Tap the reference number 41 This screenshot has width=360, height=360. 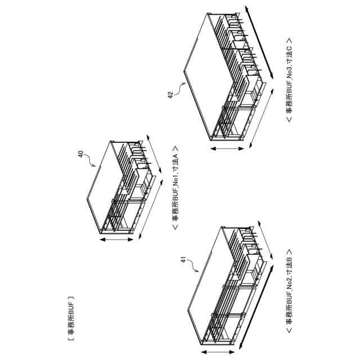click(x=183, y=260)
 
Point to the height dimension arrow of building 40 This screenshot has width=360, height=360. click(x=116, y=239)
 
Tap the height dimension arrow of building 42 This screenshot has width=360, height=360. click(x=228, y=148)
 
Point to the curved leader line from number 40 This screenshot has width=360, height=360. click(x=90, y=160)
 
